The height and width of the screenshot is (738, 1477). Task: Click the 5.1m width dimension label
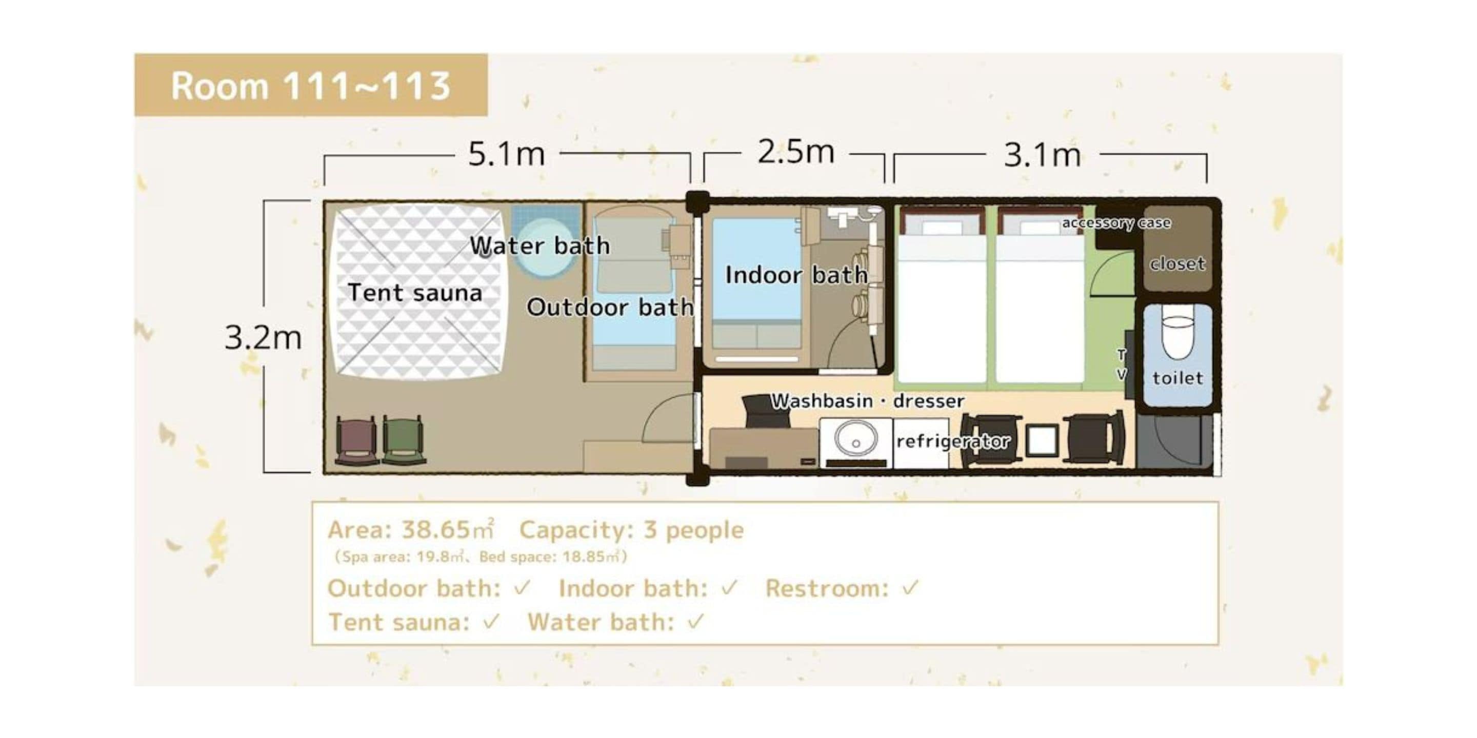point(506,154)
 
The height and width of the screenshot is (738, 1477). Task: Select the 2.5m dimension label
point(795,152)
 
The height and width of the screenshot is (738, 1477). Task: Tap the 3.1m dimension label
point(1042,155)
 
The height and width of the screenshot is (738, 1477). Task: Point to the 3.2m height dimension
point(263,337)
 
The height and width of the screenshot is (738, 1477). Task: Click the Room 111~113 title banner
point(311,86)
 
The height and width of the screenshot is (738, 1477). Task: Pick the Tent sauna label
point(414,293)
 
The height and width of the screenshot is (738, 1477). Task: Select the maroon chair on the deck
point(355,440)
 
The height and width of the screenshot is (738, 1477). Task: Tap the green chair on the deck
point(403,440)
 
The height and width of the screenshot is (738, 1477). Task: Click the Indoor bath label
point(796,275)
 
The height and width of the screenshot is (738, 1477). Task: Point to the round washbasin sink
point(855,440)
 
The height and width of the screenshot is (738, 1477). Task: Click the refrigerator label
point(953,441)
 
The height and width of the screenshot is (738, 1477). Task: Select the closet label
point(1177,263)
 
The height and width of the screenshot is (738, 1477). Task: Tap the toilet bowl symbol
point(1177,332)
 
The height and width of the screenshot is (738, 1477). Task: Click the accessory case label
point(1116,223)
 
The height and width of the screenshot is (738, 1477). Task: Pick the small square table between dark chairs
point(1042,440)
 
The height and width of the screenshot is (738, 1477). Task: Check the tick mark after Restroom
point(910,587)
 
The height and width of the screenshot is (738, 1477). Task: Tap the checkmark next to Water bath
point(695,622)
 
